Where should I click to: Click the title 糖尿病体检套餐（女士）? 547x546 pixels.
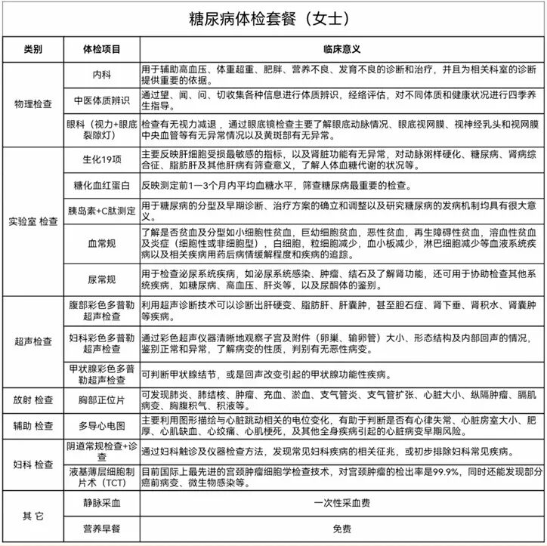(x=273, y=17)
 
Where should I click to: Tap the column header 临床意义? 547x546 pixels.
(x=341, y=49)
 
